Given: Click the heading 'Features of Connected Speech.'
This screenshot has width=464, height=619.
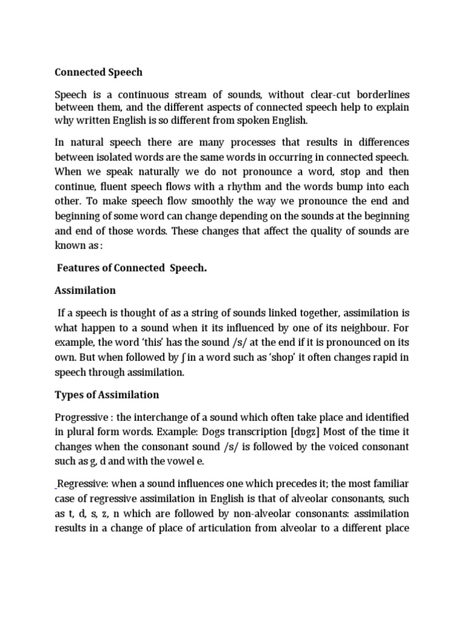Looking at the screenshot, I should pos(132,268).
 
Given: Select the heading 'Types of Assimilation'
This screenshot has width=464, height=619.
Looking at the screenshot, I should pos(107,395).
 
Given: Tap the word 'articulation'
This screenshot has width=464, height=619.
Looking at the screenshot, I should pos(275,528).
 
